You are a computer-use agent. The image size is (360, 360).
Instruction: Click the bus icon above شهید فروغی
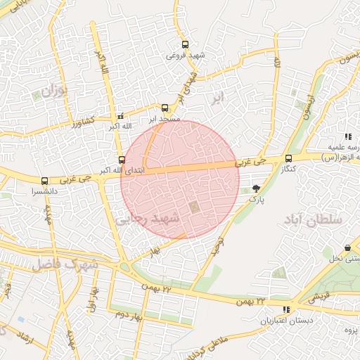tap(185, 44)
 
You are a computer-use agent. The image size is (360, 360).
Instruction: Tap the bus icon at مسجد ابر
tap(165, 108)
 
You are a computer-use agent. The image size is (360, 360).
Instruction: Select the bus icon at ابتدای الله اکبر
tap(122, 160)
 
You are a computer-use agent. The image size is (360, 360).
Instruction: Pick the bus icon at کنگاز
tap(289, 159)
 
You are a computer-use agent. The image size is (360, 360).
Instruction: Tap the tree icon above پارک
tap(256, 188)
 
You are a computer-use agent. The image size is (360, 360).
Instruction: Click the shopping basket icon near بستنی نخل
tap(348, 247)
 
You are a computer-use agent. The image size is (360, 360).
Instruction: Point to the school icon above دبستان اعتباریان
tap(285, 309)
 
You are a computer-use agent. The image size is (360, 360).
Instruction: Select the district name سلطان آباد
tap(313, 221)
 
